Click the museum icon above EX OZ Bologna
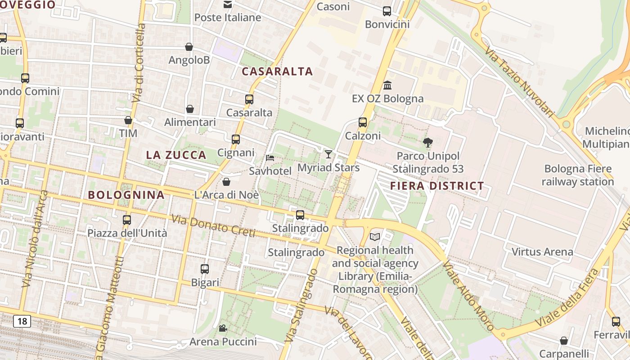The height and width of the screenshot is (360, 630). coord(387,85)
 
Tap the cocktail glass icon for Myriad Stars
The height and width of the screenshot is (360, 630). coord(328,154)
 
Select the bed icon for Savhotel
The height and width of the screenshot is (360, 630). coord(270,157)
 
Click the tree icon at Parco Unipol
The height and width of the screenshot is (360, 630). coord(428,143)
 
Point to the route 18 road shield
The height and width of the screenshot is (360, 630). coord(22,321)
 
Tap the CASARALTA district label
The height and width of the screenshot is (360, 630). coord(277,72)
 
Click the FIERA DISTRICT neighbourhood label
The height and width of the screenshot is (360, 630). coord(436,186)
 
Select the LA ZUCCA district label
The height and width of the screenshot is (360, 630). coord(176,155)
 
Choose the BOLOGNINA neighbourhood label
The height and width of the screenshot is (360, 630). coord(126,195)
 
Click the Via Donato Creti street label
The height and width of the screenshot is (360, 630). coord(213,226)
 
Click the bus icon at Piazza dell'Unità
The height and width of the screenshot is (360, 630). coord(127,220)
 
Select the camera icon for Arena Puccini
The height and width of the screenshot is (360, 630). coord(223,328)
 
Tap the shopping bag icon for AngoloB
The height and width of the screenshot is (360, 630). coord(189,47)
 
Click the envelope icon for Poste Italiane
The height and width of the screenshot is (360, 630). coord(228,4)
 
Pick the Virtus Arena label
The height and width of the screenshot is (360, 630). coord(542,252)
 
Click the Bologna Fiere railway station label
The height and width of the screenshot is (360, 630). coord(578,175)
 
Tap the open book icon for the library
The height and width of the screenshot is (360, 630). coord(375,237)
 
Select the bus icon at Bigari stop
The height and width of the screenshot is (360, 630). coord(205,269)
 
